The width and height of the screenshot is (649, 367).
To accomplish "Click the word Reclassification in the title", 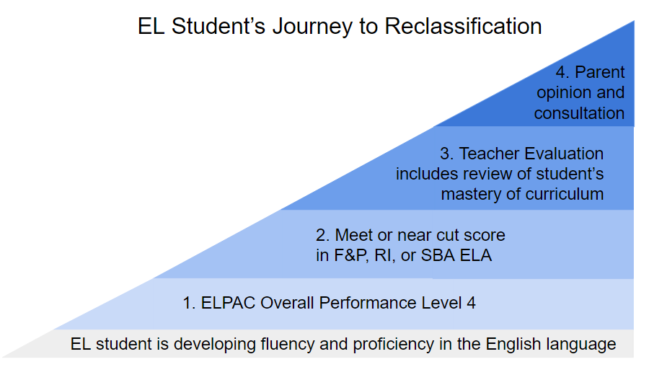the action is click(x=463, y=26).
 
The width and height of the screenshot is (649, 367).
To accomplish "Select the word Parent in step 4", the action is click(x=600, y=72).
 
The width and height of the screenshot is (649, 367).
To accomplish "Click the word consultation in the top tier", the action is click(x=579, y=113).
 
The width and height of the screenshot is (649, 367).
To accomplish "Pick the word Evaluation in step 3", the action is click(x=565, y=154).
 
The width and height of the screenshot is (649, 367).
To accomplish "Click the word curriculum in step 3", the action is click(x=564, y=194).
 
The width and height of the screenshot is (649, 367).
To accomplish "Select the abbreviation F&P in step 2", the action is click(x=351, y=255).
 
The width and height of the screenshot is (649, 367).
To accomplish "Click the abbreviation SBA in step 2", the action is click(x=438, y=255).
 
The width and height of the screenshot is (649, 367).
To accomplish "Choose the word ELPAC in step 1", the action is click(x=228, y=303).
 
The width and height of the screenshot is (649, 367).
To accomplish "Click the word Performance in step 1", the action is click(x=368, y=303).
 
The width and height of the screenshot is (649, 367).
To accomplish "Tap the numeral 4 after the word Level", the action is click(x=471, y=303).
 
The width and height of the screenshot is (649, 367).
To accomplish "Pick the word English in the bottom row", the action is click(x=513, y=345).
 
